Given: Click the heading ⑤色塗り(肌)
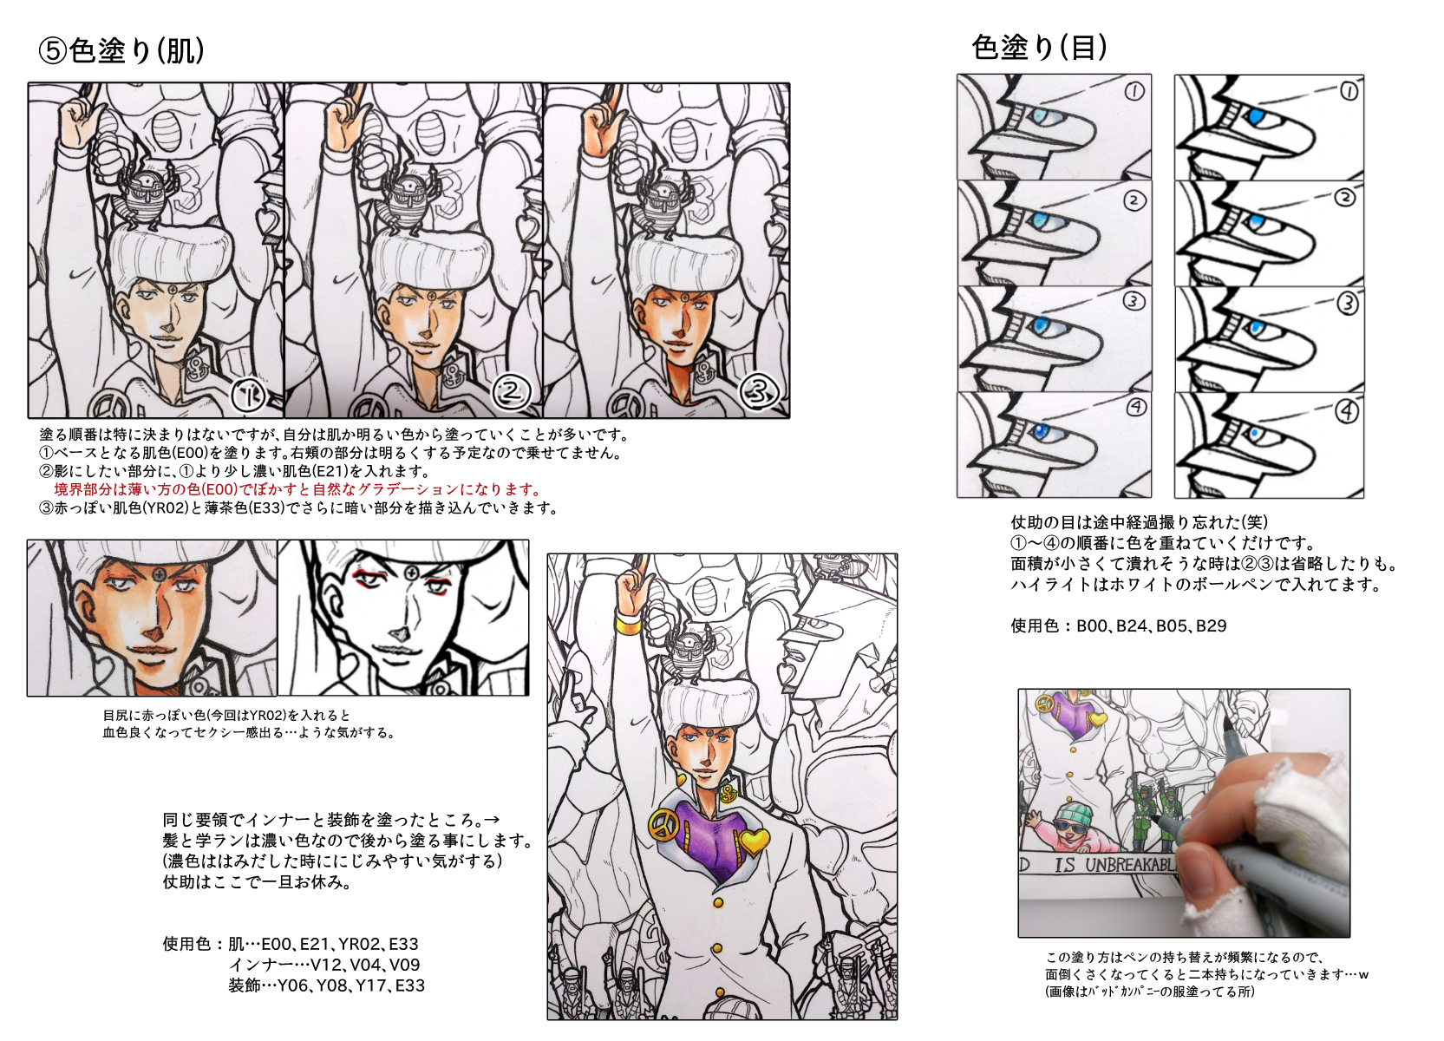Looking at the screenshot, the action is coord(121,50).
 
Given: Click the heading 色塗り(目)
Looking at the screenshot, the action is coord(1039,47).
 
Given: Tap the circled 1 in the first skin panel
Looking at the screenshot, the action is coord(249,395).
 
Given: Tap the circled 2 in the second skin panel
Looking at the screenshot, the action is coord(511,392).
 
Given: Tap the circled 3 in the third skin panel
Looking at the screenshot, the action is coord(760,392).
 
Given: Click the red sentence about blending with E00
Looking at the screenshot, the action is coord(297,489).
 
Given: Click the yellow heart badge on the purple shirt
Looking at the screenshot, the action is coord(753,840).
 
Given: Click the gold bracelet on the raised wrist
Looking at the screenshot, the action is coord(629,624).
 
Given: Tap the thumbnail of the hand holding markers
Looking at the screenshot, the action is coord(1184,813).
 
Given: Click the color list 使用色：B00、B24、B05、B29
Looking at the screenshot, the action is coord(1119,625).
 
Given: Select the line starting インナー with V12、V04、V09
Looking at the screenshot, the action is coord(324,965).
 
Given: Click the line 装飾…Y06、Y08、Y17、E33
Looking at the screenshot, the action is coord(326,985).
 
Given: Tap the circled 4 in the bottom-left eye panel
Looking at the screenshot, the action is coord(1136,407).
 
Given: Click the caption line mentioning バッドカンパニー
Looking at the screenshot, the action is coord(1150,992).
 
